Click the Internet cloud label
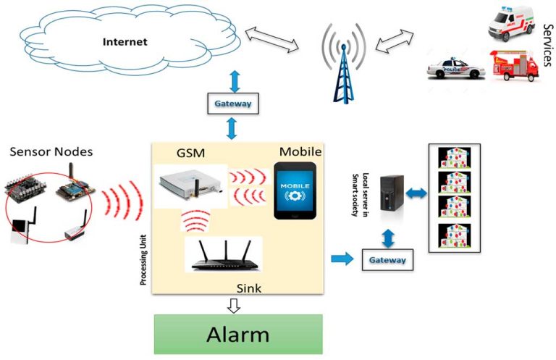coord(125,41)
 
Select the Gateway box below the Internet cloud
coord(232,104)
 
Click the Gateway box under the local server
coord(387,259)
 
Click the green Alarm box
coord(238,335)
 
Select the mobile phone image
coord(295,191)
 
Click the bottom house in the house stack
coord(455,235)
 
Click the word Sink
coord(249,288)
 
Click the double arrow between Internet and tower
coord(272,40)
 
